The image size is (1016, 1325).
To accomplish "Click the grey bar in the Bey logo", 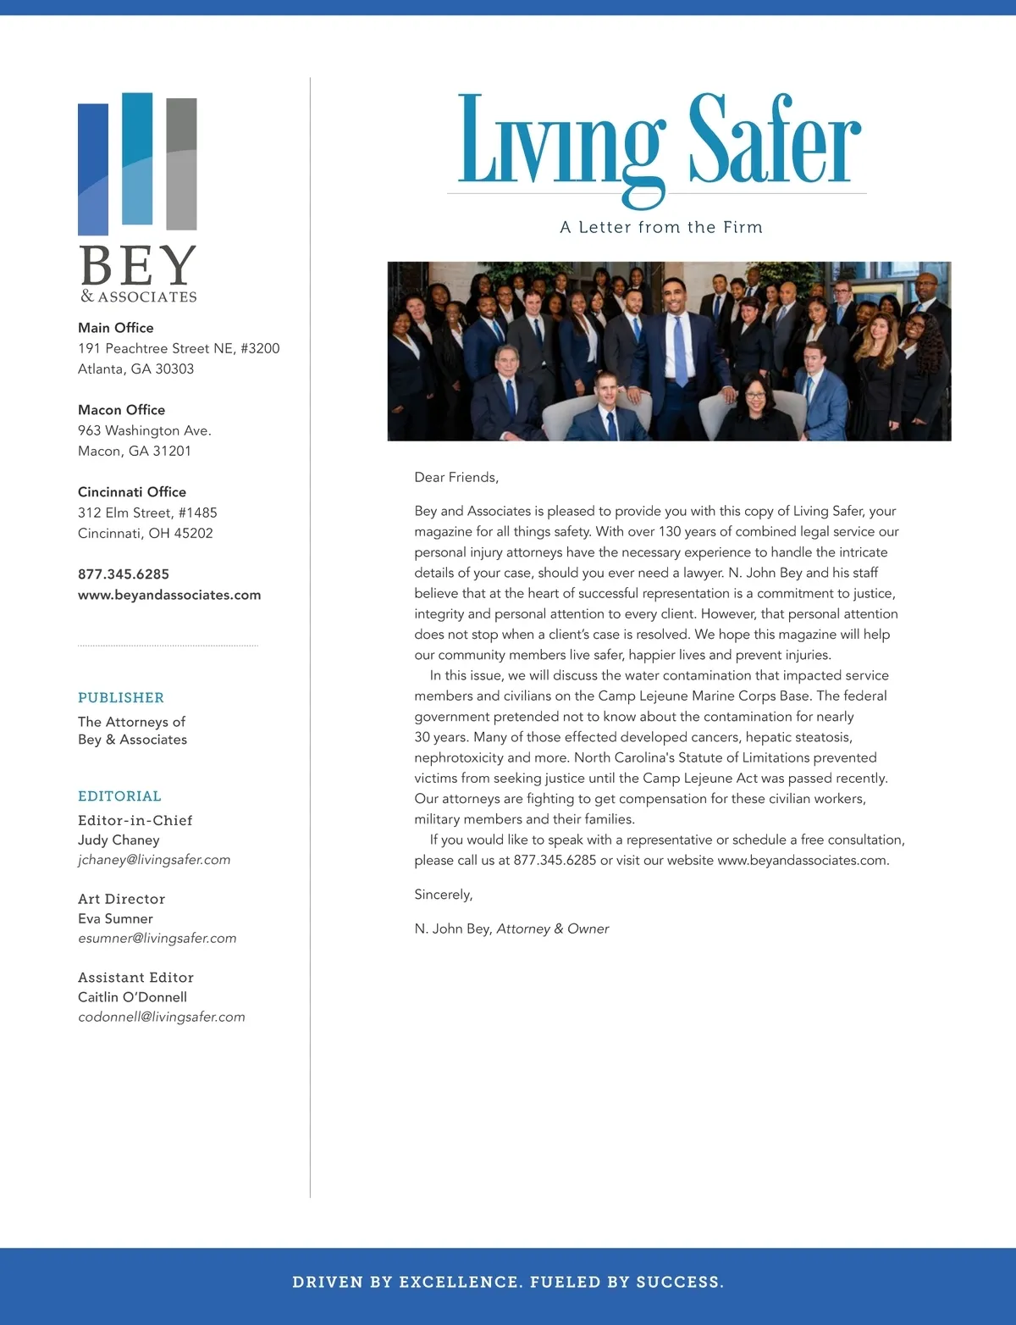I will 181,164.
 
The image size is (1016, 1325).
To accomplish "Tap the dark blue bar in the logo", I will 93,169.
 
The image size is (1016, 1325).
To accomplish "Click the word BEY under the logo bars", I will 138,265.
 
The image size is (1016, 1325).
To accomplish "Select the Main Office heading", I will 116,328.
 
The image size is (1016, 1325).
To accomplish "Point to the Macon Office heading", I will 121,410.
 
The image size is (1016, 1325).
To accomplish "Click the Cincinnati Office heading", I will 132,492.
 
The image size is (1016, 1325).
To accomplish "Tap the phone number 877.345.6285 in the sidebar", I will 124,574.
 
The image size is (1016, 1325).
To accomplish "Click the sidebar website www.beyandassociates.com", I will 169,595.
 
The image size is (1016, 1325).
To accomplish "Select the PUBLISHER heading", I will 121,698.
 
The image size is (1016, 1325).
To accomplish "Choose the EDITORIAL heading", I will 119,796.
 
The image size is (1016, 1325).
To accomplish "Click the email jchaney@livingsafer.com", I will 154,860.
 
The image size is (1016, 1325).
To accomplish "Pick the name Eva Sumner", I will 115,918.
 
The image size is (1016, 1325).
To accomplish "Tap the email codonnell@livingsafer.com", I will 162,1017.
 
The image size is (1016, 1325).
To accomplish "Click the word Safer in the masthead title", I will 774,140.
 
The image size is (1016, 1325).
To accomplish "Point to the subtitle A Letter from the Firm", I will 661,227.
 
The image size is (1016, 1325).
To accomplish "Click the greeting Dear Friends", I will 456,478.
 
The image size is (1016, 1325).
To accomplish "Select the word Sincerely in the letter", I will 444,895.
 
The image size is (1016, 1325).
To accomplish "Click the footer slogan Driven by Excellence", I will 508,1282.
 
